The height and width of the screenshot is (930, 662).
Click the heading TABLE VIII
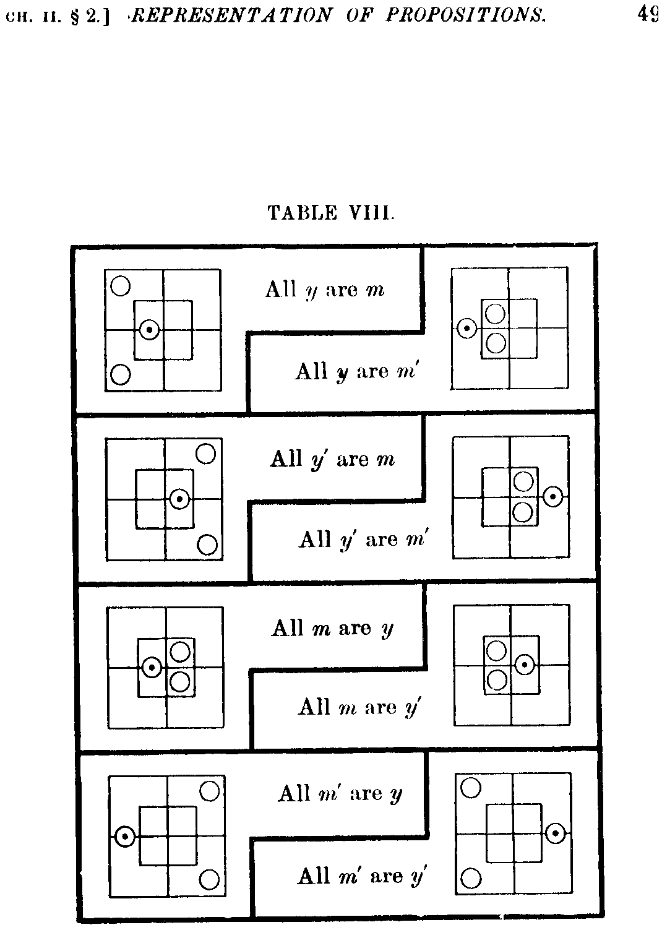point(331,213)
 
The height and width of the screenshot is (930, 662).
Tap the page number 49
point(649,14)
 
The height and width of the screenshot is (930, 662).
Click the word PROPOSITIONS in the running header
point(466,15)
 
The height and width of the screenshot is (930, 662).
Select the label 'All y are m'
point(325,290)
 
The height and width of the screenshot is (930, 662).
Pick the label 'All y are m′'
point(355,371)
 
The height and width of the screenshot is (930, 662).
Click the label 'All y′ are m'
point(332,460)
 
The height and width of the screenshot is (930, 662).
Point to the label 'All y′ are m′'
point(364,540)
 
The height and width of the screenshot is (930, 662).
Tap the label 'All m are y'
point(332,628)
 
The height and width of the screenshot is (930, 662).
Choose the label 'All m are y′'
point(360,706)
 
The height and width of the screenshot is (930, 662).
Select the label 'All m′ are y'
point(340,793)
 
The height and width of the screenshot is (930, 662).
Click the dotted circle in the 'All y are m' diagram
point(150,330)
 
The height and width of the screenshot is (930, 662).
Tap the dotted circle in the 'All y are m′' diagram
point(467,329)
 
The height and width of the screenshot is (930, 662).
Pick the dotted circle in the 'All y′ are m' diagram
point(179,499)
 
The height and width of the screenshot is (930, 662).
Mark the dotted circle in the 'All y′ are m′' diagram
point(552,496)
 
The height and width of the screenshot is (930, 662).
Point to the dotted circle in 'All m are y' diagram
point(152,668)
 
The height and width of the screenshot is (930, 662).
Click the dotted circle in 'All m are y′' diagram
point(525,665)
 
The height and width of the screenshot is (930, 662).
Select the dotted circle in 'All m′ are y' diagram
point(125,837)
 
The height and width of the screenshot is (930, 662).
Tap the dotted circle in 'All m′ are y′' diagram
point(556,833)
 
